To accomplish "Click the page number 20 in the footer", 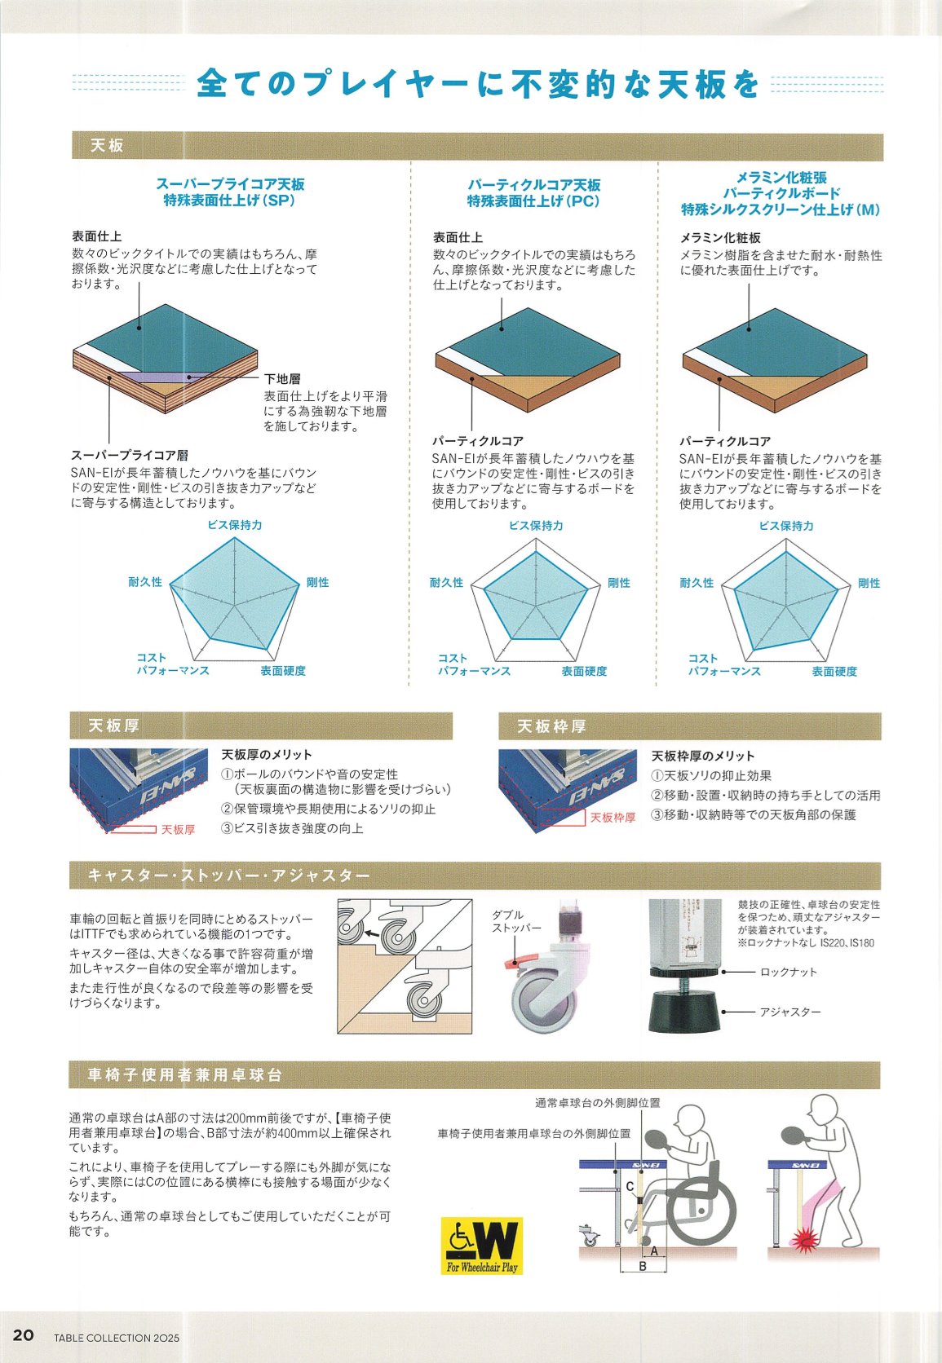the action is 23,1335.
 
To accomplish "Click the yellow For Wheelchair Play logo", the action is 482,1246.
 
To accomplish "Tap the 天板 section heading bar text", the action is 107,145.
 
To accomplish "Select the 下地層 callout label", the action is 282,379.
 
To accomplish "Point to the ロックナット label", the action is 789,973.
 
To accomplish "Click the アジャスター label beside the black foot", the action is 789,1012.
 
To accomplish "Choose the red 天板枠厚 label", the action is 613,818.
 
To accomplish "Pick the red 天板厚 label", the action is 178,830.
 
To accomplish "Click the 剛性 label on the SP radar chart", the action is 317,582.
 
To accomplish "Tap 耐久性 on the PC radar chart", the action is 446,583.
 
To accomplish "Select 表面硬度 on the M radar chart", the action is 834,671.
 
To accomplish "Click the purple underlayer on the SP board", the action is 155,378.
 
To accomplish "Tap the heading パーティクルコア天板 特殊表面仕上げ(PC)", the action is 533,193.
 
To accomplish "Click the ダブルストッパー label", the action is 516,921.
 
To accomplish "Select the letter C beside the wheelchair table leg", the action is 630,1187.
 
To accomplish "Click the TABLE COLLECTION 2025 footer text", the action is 117,1338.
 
